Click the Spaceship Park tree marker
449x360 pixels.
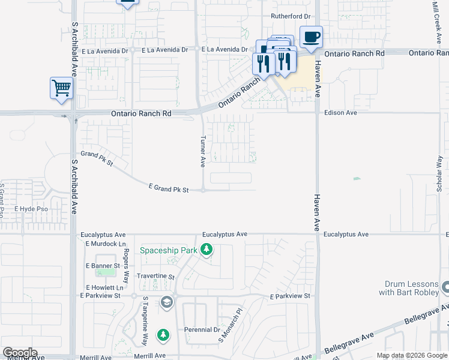(x=207, y=249)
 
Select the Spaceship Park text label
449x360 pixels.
(x=169, y=250)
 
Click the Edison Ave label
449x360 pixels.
(x=340, y=112)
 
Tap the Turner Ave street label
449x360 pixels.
(x=203, y=151)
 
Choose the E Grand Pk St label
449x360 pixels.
(x=169, y=189)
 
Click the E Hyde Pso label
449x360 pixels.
(x=31, y=209)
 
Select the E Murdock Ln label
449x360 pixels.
(x=106, y=244)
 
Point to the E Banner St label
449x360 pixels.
(x=104, y=265)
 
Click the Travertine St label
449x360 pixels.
(x=155, y=277)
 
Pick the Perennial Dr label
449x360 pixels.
(x=202, y=330)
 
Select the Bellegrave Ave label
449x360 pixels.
(x=348, y=343)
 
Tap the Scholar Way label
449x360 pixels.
(x=440, y=174)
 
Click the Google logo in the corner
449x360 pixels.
(x=20, y=353)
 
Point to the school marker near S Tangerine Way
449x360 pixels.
(x=167, y=302)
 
